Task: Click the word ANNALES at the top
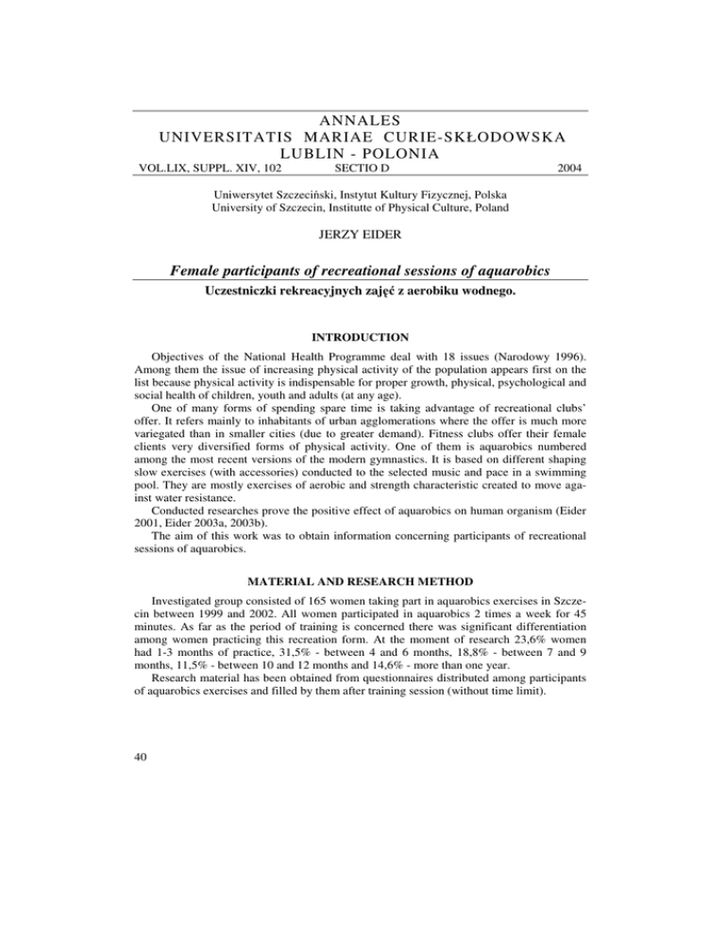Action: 362,119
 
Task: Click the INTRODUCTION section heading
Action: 362,335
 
